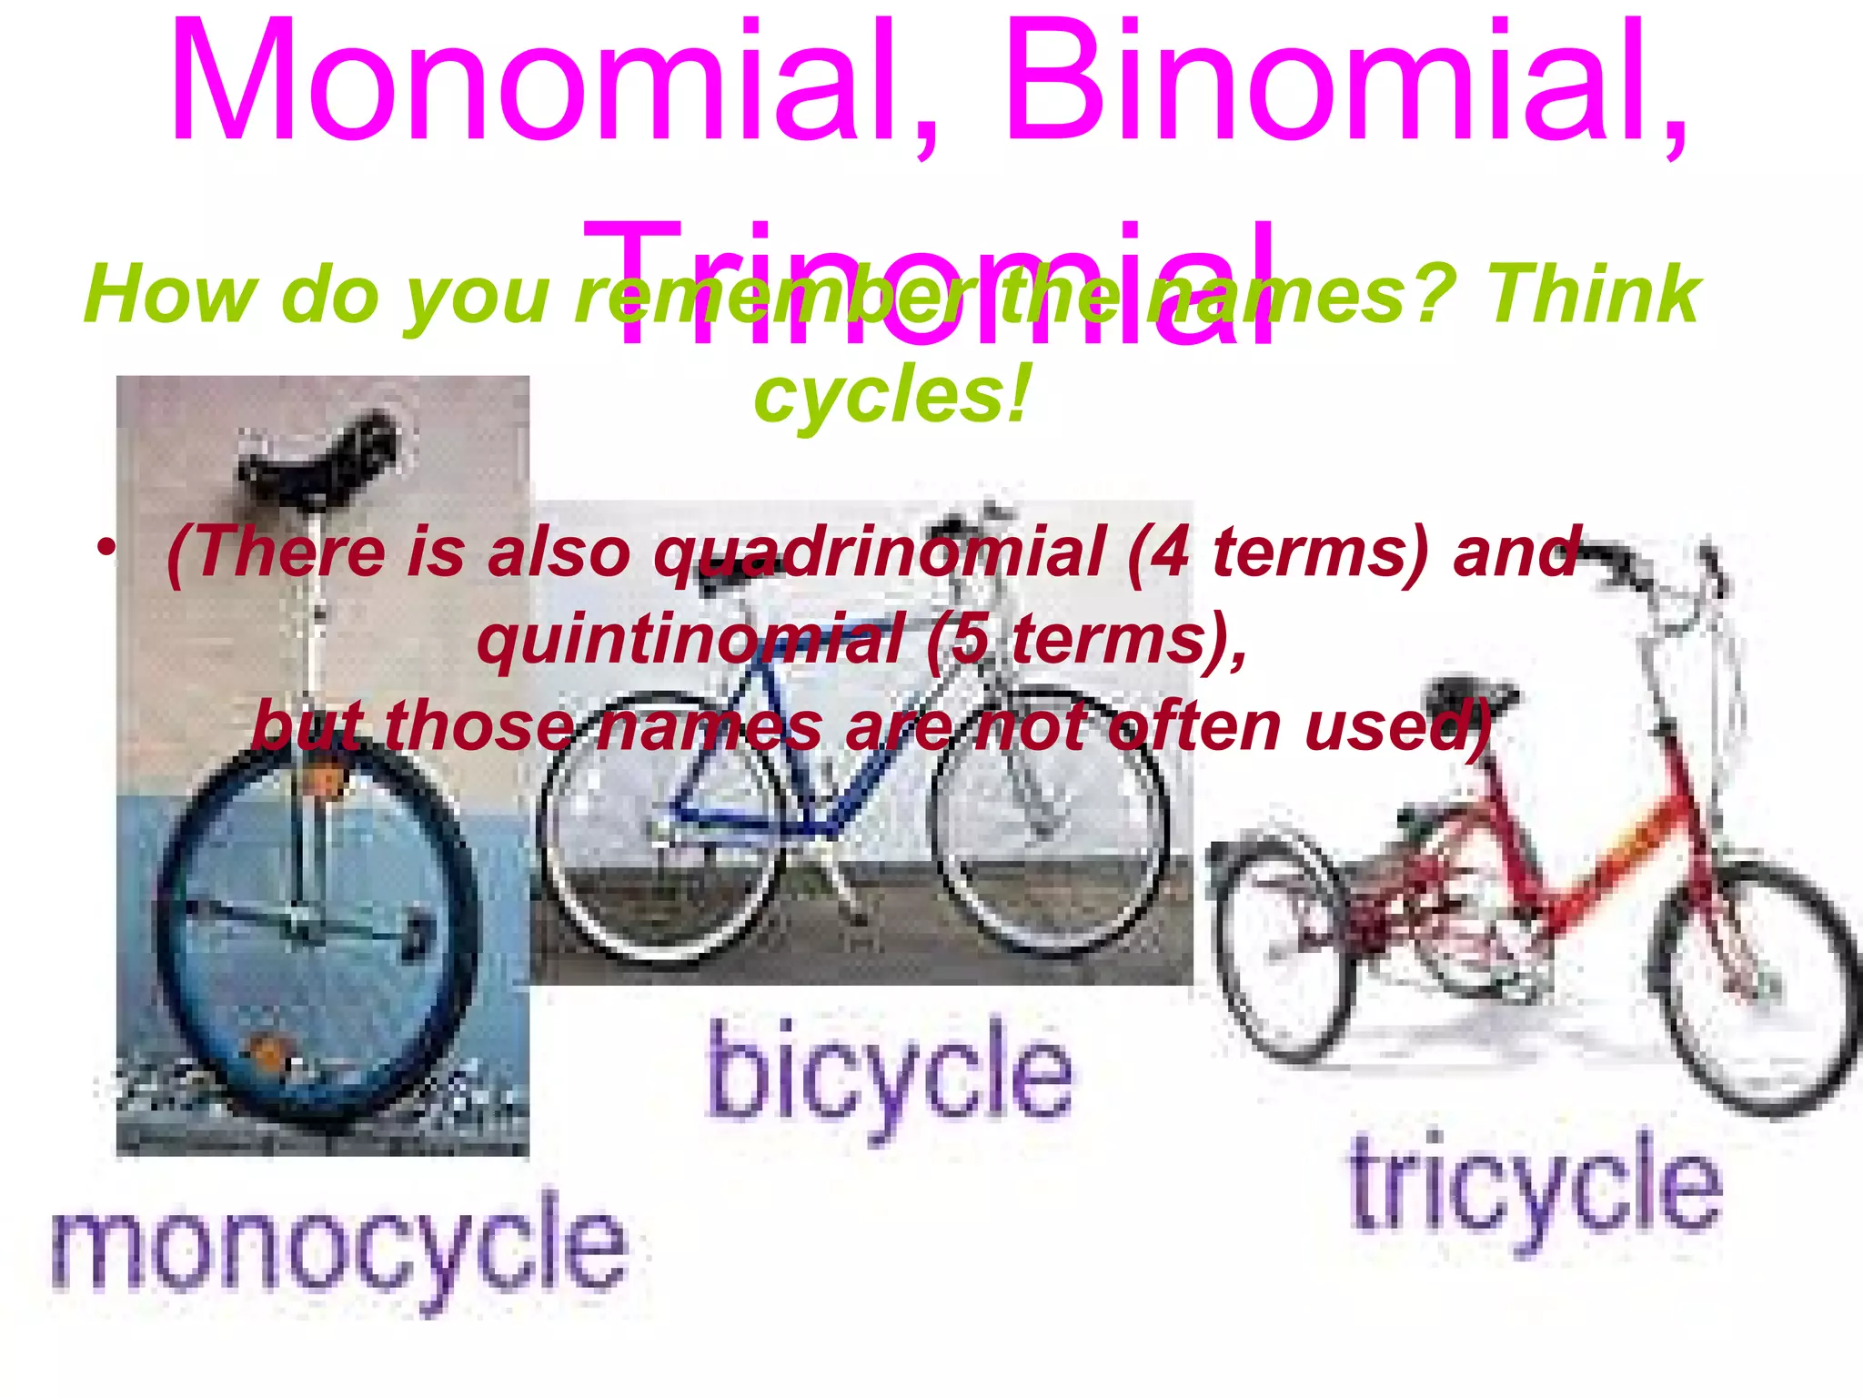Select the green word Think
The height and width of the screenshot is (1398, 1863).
1592,293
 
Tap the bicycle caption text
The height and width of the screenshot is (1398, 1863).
890,1074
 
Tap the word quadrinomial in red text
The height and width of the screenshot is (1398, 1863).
878,552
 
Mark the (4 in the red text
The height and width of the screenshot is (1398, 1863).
1160,552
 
